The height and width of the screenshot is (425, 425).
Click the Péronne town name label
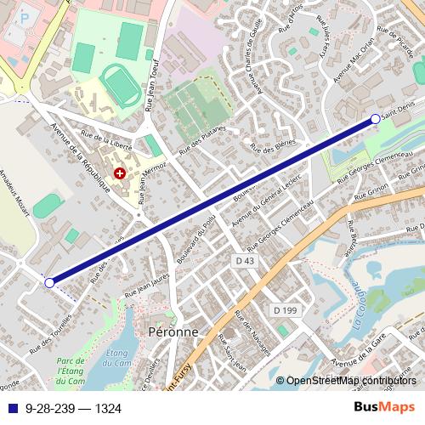click(173, 331)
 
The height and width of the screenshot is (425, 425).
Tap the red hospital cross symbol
click(120, 173)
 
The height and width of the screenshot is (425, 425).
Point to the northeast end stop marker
click(376, 120)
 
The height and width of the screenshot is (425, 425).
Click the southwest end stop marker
click(49, 282)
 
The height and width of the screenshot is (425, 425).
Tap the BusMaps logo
click(383, 407)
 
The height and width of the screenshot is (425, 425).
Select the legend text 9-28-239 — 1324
click(74, 408)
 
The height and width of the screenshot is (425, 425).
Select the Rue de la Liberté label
click(105, 137)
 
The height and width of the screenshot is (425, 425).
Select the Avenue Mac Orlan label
click(353, 60)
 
